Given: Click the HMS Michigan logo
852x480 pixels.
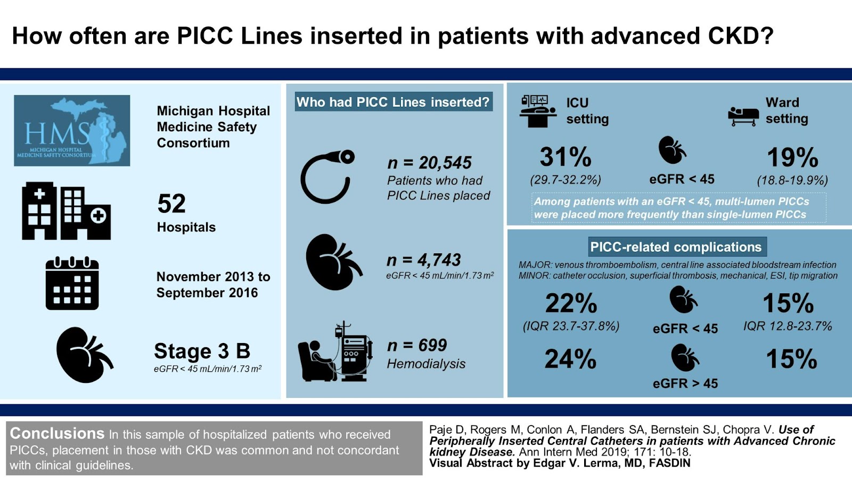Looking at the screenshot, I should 72,131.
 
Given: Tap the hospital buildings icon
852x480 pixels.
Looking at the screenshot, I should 66,211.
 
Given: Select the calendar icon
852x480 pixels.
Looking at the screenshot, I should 72,283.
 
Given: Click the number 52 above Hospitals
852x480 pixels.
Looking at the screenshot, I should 171,204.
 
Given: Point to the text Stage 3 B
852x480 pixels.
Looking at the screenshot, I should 202,351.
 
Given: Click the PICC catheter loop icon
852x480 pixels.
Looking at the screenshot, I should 326,177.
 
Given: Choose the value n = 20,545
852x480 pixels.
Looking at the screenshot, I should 429,163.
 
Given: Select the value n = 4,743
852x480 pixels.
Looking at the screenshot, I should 423,260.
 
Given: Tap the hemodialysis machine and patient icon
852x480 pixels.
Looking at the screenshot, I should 334,353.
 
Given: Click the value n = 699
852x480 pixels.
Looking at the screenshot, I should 417,345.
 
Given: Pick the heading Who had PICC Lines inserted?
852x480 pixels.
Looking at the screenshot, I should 393,102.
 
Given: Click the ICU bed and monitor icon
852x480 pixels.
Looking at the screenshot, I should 537,110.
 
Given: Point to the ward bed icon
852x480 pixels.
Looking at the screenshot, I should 743,115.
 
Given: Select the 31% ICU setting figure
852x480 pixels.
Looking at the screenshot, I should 565,157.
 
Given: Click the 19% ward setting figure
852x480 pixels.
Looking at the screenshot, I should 792,157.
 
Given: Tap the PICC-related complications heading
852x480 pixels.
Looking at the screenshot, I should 676,247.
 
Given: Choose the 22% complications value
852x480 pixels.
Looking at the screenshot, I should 571,303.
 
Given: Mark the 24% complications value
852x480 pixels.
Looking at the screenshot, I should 570,359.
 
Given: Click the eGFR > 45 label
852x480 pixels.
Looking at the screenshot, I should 685,383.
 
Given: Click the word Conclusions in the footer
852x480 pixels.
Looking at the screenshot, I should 57,433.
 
